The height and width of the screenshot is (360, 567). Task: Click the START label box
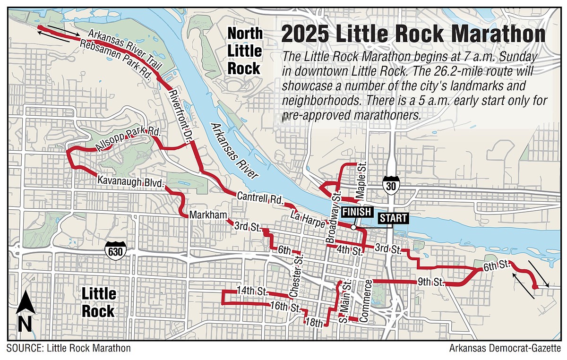click(x=393, y=218)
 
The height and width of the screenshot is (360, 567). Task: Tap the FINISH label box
click(x=357, y=212)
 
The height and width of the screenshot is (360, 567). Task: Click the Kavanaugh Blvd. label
click(x=130, y=181)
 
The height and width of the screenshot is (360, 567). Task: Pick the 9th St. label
click(x=430, y=283)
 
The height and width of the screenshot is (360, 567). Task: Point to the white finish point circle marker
click(x=353, y=227)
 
